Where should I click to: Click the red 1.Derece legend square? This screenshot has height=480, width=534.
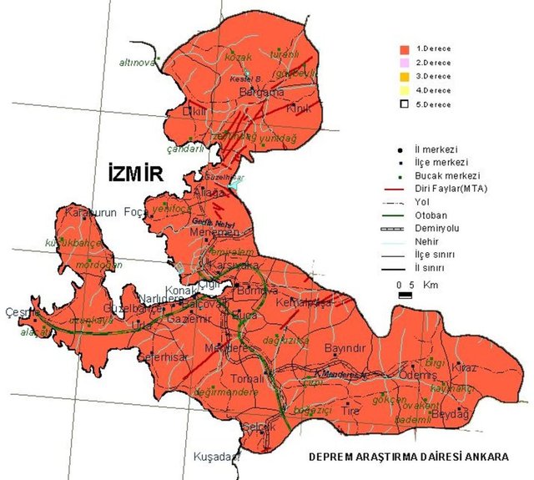pos(405,48)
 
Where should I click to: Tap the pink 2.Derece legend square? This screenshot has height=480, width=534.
pos(405,63)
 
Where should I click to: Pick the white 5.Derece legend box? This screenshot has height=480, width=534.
pos(405,104)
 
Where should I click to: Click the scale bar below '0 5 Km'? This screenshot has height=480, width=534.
pos(404,295)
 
